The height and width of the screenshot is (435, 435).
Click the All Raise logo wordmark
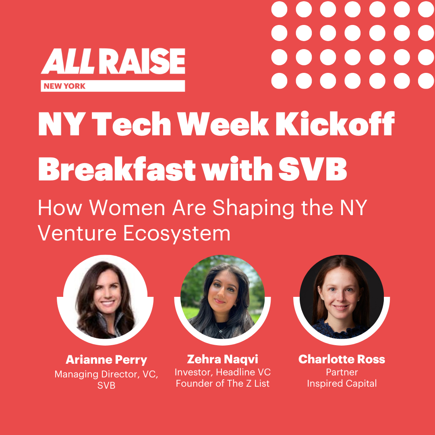point(113,61)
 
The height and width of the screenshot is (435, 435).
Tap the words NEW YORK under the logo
point(64,86)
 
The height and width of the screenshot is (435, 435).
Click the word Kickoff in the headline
point(335,124)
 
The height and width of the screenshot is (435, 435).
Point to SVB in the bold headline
point(313,168)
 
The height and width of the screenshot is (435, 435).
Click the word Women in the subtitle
point(127,207)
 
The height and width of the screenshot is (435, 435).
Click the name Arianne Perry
point(106,360)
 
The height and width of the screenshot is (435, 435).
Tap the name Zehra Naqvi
point(222,359)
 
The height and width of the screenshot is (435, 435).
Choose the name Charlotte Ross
point(342,359)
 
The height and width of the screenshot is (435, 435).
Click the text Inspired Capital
point(342,383)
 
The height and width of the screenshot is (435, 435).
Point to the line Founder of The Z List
point(222,383)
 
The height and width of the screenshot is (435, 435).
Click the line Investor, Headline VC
point(222,372)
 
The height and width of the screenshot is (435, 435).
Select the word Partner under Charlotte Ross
point(342,372)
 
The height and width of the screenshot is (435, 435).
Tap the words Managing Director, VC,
point(106,374)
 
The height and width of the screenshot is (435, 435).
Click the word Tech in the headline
point(131,124)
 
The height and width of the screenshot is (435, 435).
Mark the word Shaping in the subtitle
point(253,208)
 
